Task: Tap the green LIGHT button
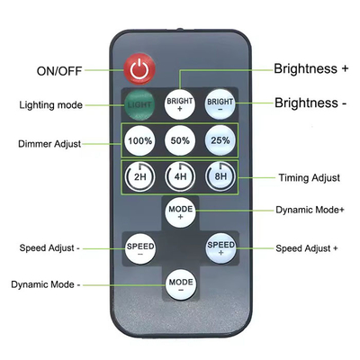tap(139, 104)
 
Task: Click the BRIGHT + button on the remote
tap(180, 104)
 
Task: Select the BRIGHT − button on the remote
tap(220, 104)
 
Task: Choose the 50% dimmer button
tap(180, 140)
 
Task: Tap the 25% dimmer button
tap(220, 140)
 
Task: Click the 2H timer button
tap(139, 176)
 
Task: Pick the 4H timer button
tap(180, 176)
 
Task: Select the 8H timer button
tap(220, 176)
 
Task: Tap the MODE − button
tap(181, 284)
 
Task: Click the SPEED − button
tap(140, 248)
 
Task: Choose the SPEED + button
tap(221, 248)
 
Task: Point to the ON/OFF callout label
tap(59, 71)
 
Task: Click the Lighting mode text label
tap(50, 105)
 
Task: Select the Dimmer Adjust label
tap(49, 144)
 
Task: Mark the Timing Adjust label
tap(310, 177)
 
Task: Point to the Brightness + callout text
tap(311, 68)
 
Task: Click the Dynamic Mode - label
tap(46, 284)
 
